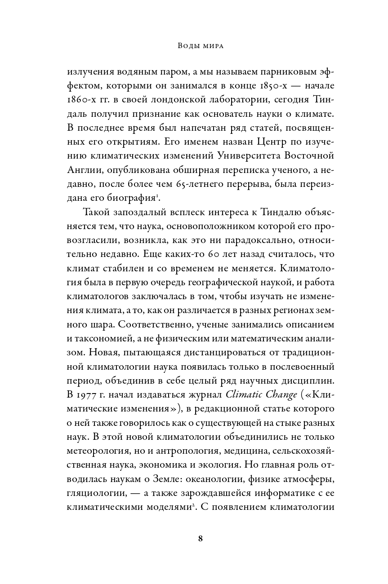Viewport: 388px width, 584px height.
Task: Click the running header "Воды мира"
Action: tap(194, 46)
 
